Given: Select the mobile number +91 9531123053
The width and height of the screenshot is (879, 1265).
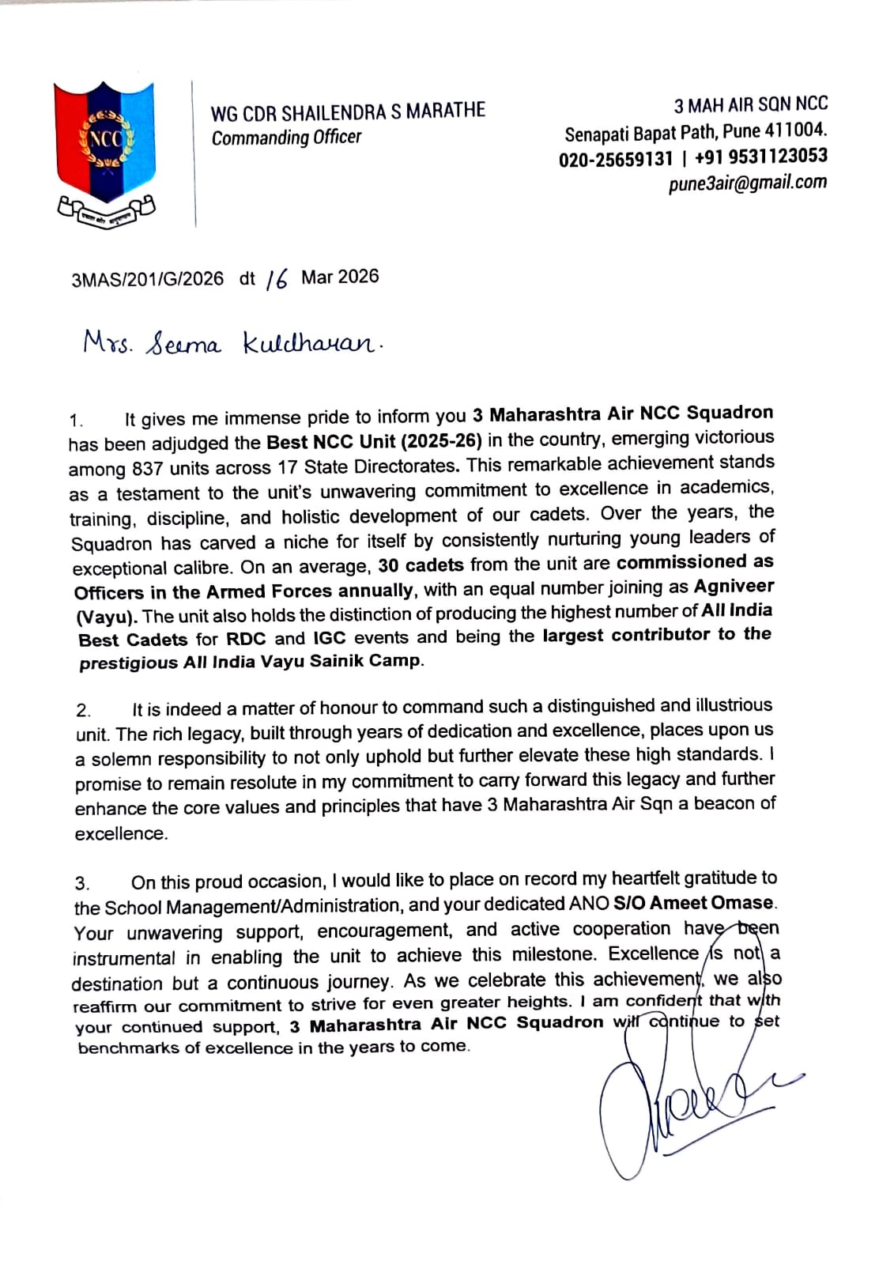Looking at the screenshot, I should point(760,157).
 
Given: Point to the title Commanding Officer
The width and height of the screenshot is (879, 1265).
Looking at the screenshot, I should point(286,138).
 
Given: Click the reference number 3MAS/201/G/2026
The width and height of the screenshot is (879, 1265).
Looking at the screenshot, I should point(147,279).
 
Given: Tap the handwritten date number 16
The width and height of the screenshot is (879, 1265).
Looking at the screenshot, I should point(277,278).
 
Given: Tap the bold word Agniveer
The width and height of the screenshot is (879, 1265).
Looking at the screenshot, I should point(734,587).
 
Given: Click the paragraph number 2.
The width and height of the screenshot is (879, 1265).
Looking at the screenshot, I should point(83,710).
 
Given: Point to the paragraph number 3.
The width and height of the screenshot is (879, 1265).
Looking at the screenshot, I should point(82,883).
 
